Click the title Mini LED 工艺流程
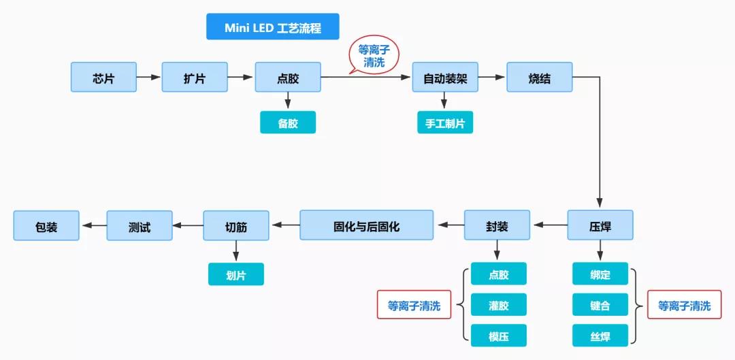point(272,27)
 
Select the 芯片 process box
point(103,78)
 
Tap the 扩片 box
point(195,78)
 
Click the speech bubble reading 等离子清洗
point(374,56)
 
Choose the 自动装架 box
point(445,78)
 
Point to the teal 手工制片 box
point(445,122)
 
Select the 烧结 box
point(539,78)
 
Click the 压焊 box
point(600,225)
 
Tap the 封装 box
point(497,225)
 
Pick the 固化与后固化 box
point(366,225)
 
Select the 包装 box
point(46,225)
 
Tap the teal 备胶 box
point(288,122)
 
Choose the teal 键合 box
point(600,305)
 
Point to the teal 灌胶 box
point(498,305)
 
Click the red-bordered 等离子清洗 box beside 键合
point(684,306)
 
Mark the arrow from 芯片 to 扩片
point(149,78)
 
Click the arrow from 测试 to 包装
point(93,225)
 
